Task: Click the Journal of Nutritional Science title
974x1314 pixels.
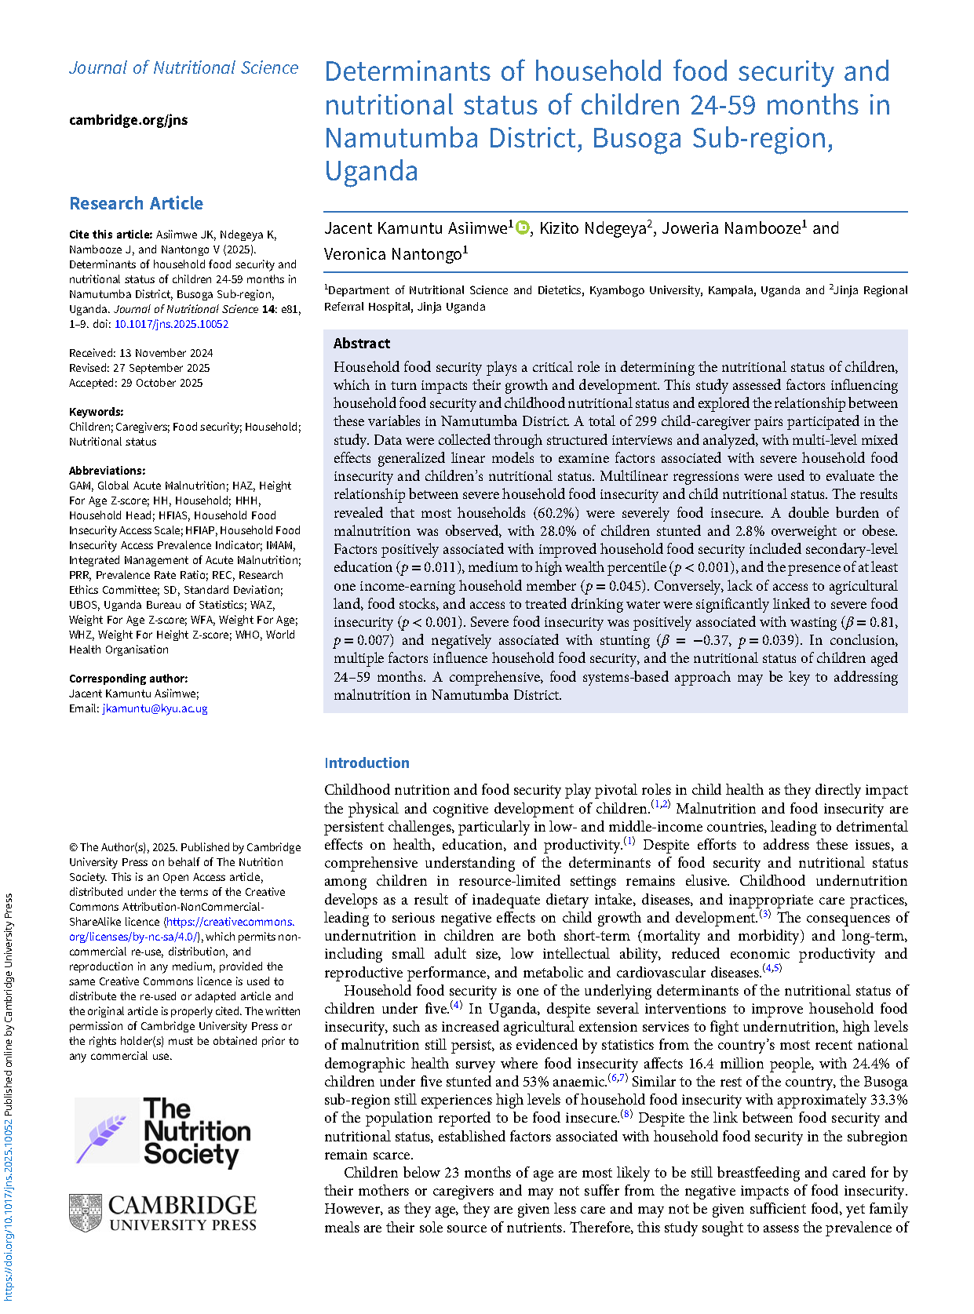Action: [x=184, y=68]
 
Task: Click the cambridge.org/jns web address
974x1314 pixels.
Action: [x=128, y=120]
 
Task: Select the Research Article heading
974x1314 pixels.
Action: [x=136, y=203]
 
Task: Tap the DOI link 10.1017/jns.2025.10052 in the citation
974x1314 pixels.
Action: [x=171, y=324]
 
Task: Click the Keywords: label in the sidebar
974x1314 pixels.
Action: [x=96, y=412]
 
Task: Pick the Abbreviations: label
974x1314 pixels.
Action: [x=107, y=471]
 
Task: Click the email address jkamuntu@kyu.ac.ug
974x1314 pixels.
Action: [x=155, y=708]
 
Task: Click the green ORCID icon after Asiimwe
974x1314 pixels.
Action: [x=522, y=228]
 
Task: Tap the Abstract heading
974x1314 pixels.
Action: [x=361, y=344]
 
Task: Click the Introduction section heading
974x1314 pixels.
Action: [x=367, y=763]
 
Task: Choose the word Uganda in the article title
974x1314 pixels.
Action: [x=371, y=171]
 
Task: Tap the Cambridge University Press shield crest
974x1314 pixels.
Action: [x=86, y=1213]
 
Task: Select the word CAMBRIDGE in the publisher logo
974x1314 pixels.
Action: [x=182, y=1205]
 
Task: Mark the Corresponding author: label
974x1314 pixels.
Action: [x=128, y=679]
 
